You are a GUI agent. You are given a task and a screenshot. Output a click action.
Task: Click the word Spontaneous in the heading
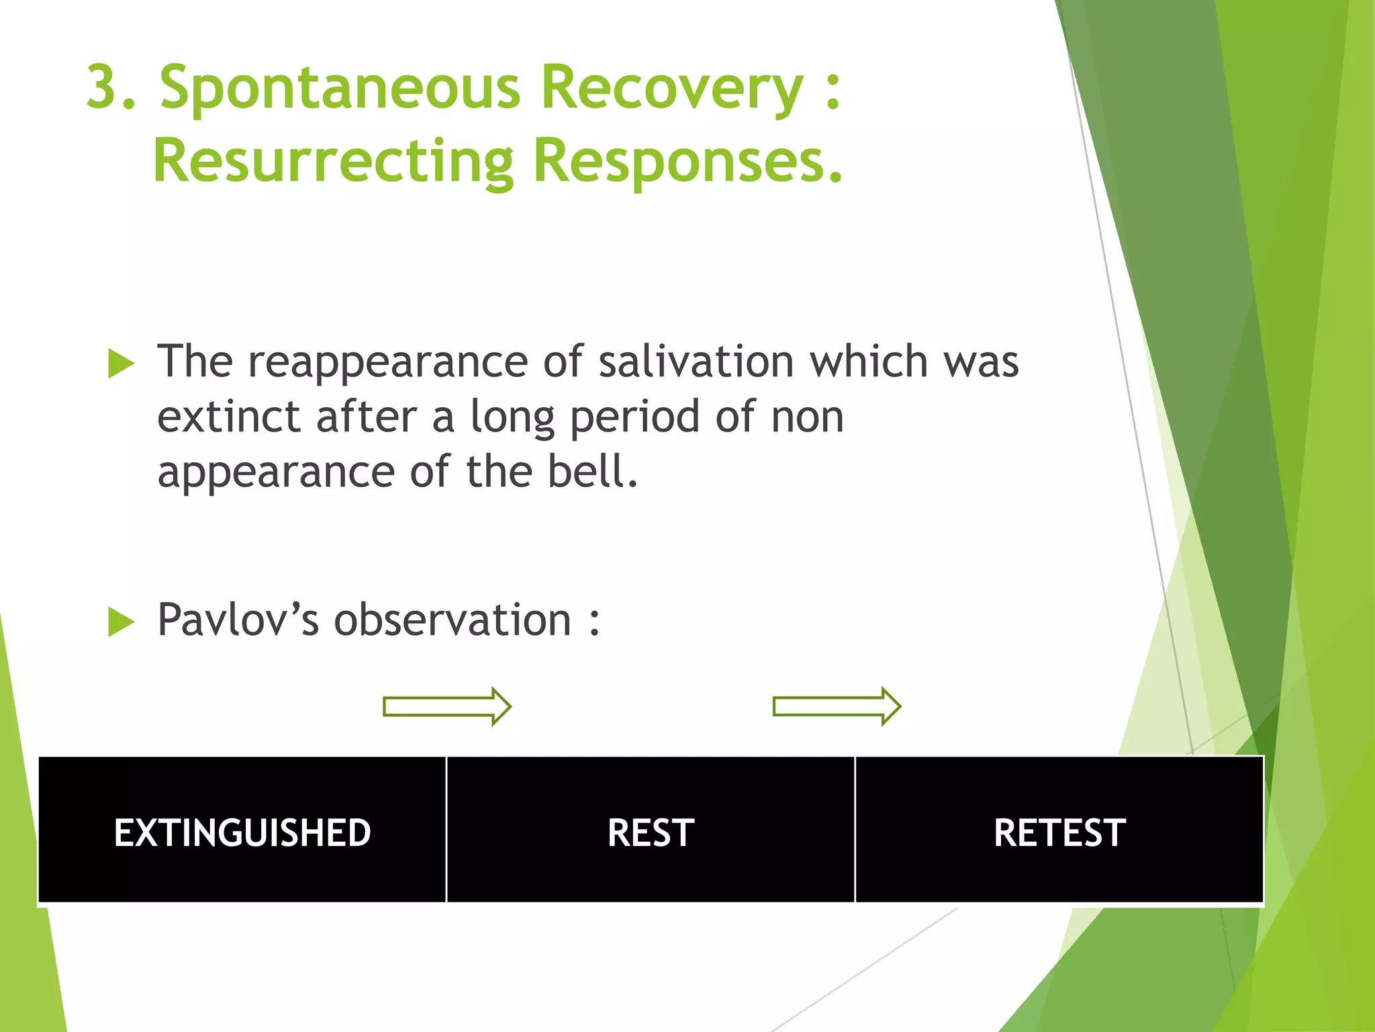(340, 89)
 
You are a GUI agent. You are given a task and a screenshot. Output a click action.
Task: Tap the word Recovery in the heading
(671, 89)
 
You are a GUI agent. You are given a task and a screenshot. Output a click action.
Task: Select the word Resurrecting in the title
(333, 161)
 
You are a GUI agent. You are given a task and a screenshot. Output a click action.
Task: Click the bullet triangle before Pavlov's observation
(121, 621)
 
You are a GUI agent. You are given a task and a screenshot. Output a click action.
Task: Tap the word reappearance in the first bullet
(388, 363)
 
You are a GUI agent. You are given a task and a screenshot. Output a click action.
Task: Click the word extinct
(228, 417)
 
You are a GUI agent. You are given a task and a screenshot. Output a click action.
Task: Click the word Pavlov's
(238, 619)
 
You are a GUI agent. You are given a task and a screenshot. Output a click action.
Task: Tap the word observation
(453, 619)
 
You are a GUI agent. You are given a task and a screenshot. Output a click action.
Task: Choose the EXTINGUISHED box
(242, 832)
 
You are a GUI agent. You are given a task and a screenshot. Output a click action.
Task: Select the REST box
(651, 832)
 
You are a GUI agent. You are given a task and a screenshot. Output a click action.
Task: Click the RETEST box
(1059, 832)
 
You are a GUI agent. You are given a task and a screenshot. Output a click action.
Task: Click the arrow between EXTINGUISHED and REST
(447, 706)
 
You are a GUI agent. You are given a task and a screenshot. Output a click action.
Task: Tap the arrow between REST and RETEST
(837, 706)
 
